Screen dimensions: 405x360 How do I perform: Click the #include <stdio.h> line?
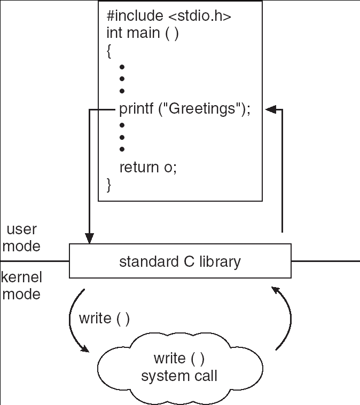click(x=169, y=16)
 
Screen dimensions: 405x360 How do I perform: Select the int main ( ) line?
click(x=142, y=33)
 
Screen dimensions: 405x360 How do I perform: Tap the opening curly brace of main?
click(x=109, y=51)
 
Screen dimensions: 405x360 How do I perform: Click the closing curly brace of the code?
click(x=109, y=185)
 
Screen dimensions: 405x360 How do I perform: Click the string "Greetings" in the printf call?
click(x=202, y=109)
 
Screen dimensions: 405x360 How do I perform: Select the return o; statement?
click(x=147, y=167)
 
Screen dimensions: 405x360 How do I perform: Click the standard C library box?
click(x=180, y=261)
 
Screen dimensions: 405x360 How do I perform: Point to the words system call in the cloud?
click(x=179, y=376)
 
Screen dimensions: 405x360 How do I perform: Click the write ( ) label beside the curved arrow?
click(x=104, y=319)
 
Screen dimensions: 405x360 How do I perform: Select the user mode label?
click(x=21, y=237)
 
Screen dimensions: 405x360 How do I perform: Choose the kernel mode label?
click(x=21, y=285)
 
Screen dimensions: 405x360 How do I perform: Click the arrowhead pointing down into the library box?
click(x=89, y=239)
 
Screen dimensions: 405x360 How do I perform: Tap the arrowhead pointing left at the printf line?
click(x=271, y=109)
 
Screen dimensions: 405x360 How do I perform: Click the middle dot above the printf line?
click(x=122, y=79)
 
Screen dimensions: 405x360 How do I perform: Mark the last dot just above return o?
click(x=122, y=149)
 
